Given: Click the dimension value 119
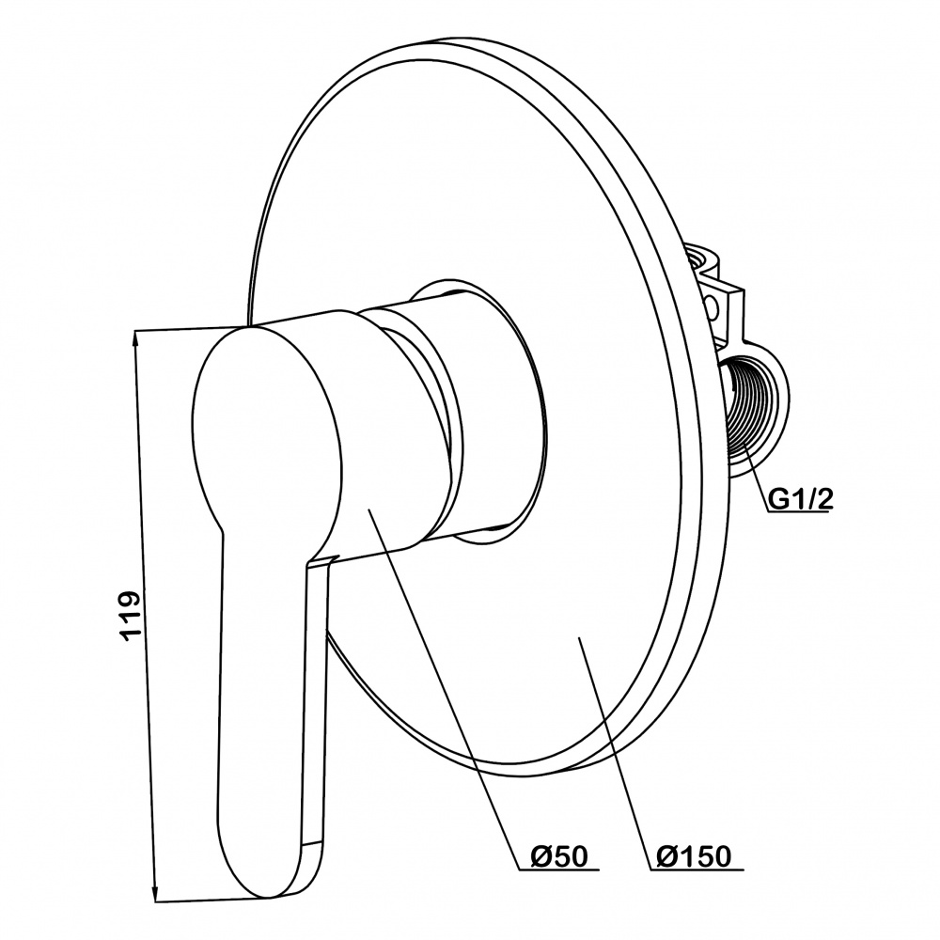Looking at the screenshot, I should [x=131, y=616].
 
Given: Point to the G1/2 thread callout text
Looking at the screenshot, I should [x=802, y=499].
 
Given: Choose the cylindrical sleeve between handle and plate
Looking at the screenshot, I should [x=489, y=414].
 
